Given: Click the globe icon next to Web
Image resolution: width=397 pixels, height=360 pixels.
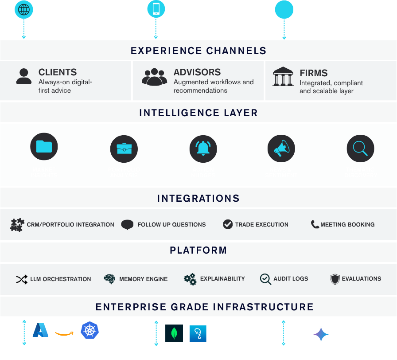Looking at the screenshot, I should (24, 9).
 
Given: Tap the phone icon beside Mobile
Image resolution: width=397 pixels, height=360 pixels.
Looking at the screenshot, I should (156, 9).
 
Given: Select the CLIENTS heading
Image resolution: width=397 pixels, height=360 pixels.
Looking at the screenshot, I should (58, 72).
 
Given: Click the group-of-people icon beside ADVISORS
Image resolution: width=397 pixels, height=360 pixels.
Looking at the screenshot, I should (154, 77).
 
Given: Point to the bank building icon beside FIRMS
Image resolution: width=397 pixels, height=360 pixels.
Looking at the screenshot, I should (283, 77).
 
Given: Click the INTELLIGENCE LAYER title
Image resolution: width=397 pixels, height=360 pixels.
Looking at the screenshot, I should (198, 113).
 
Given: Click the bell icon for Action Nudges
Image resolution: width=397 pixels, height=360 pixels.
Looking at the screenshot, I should (203, 149).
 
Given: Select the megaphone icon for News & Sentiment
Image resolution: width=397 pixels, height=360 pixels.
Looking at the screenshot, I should (281, 149).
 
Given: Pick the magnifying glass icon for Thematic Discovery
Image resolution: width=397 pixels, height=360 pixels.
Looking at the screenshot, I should (360, 149).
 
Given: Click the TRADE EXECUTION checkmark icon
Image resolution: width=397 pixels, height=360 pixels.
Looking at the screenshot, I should (228, 224).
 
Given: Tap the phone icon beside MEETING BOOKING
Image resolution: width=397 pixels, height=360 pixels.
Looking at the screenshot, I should (315, 224).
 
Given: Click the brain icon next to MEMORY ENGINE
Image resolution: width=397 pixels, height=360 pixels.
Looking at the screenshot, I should (109, 279).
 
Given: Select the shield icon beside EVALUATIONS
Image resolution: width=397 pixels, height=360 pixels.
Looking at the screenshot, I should (335, 279).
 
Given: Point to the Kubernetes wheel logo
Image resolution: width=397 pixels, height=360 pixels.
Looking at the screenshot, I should (90, 330).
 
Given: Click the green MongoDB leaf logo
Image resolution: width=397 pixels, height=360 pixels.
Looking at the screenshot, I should (174, 333).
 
